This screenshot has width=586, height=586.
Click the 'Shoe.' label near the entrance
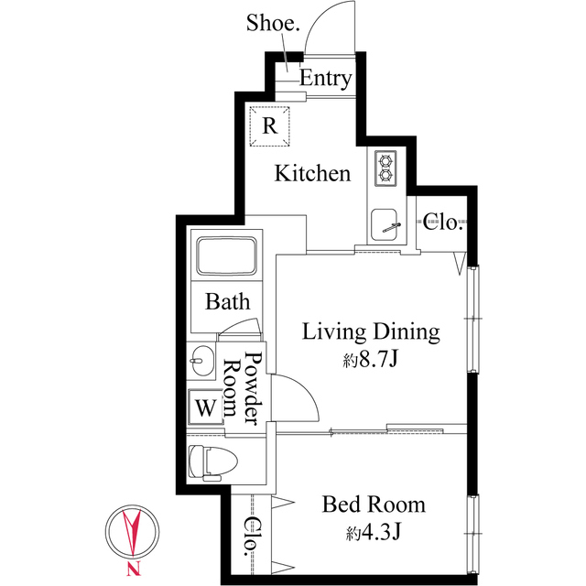coord(273,23)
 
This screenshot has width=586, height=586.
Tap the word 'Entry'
coord(325,79)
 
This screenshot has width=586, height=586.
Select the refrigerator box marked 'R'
coord(270,125)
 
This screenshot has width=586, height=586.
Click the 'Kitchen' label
coord(313,173)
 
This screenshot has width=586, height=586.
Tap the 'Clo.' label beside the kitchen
coord(444,222)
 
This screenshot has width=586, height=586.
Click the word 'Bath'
coord(227,301)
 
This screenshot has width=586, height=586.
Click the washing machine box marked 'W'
coord(205,407)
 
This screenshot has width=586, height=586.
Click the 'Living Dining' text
coord(372,331)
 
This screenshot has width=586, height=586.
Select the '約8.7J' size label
coord(371,360)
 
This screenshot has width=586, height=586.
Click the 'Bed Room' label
coord(374,504)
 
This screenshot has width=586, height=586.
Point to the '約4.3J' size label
coord(372,532)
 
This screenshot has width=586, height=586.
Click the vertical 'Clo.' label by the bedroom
coord(251,537)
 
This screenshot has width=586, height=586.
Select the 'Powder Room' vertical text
coord(245,388)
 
